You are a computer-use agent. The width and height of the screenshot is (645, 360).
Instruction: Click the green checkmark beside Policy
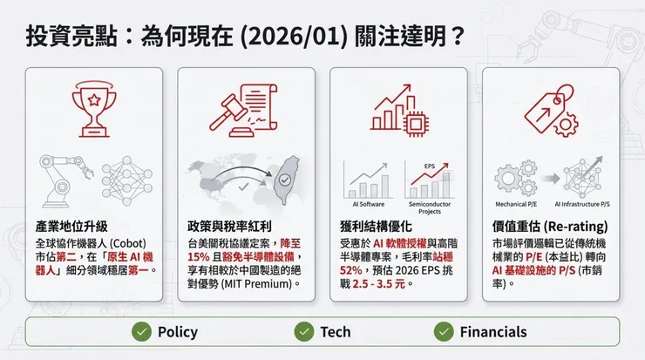(140, 332)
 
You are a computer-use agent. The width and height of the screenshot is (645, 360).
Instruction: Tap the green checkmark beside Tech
(303, 332)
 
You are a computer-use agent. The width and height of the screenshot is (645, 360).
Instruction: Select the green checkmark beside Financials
(443, 332)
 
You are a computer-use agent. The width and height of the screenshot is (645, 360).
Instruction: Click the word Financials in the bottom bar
(493, 332)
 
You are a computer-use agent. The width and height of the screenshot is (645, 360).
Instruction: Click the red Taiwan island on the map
(286, 180)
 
